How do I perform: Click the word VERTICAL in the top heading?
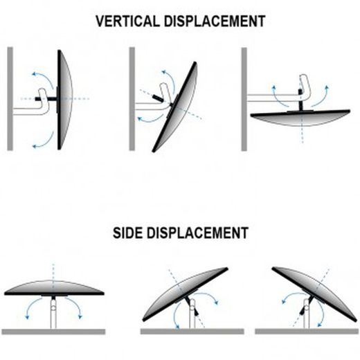click(x=127, y=21)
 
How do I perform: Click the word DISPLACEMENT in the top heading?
click(x=215, y=21)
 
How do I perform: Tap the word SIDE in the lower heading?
click(x=127, y=233)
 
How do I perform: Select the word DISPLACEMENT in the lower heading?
click(x=197, y=233)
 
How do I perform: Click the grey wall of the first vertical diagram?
click(x=10, y=99)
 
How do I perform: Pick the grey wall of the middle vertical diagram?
click(x=132, y=99)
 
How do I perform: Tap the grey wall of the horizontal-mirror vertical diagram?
click(x=244, y=99)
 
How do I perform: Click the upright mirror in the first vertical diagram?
click(x=64, y=100)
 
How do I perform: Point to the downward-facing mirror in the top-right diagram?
click(x=300, y=118)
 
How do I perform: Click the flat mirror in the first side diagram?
click(x=54, y=288)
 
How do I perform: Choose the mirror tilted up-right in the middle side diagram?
click(x=185, y=294)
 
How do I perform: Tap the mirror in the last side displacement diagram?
click(x=315, y=294)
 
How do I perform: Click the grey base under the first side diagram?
click(x=53, y=332)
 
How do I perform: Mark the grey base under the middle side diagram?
click(x=192, y=332)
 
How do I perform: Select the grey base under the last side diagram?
click(x=307, y=332)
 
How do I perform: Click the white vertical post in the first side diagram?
click(x=53, y=314)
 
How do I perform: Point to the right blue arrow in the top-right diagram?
click(x=321, y=97)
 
